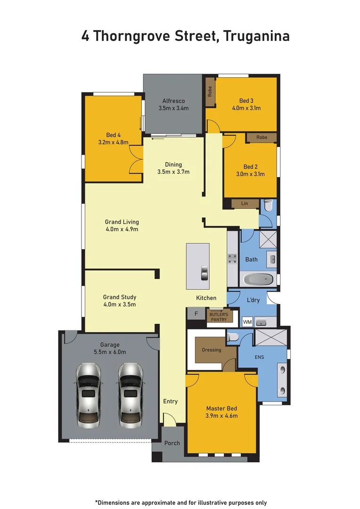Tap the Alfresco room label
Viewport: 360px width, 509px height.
click(173, 101)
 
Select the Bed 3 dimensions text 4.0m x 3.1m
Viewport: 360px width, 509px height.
click(246, 108)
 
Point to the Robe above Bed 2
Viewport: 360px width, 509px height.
click(262, 137)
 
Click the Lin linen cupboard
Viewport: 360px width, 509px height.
click(245, 203)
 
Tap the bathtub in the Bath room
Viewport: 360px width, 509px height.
click(259, 279)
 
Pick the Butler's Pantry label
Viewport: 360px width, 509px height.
click(219, 317)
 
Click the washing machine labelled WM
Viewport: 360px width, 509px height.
click(247, 322)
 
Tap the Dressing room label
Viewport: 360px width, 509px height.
click(211, 350)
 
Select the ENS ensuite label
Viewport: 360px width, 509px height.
click(259, 357)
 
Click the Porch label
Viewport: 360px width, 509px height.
click(172, 443)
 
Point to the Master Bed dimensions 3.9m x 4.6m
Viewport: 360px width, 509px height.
click(221, 416)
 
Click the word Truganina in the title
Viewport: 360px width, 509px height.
click(256, 36)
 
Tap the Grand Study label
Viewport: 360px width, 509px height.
click(120, 297)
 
